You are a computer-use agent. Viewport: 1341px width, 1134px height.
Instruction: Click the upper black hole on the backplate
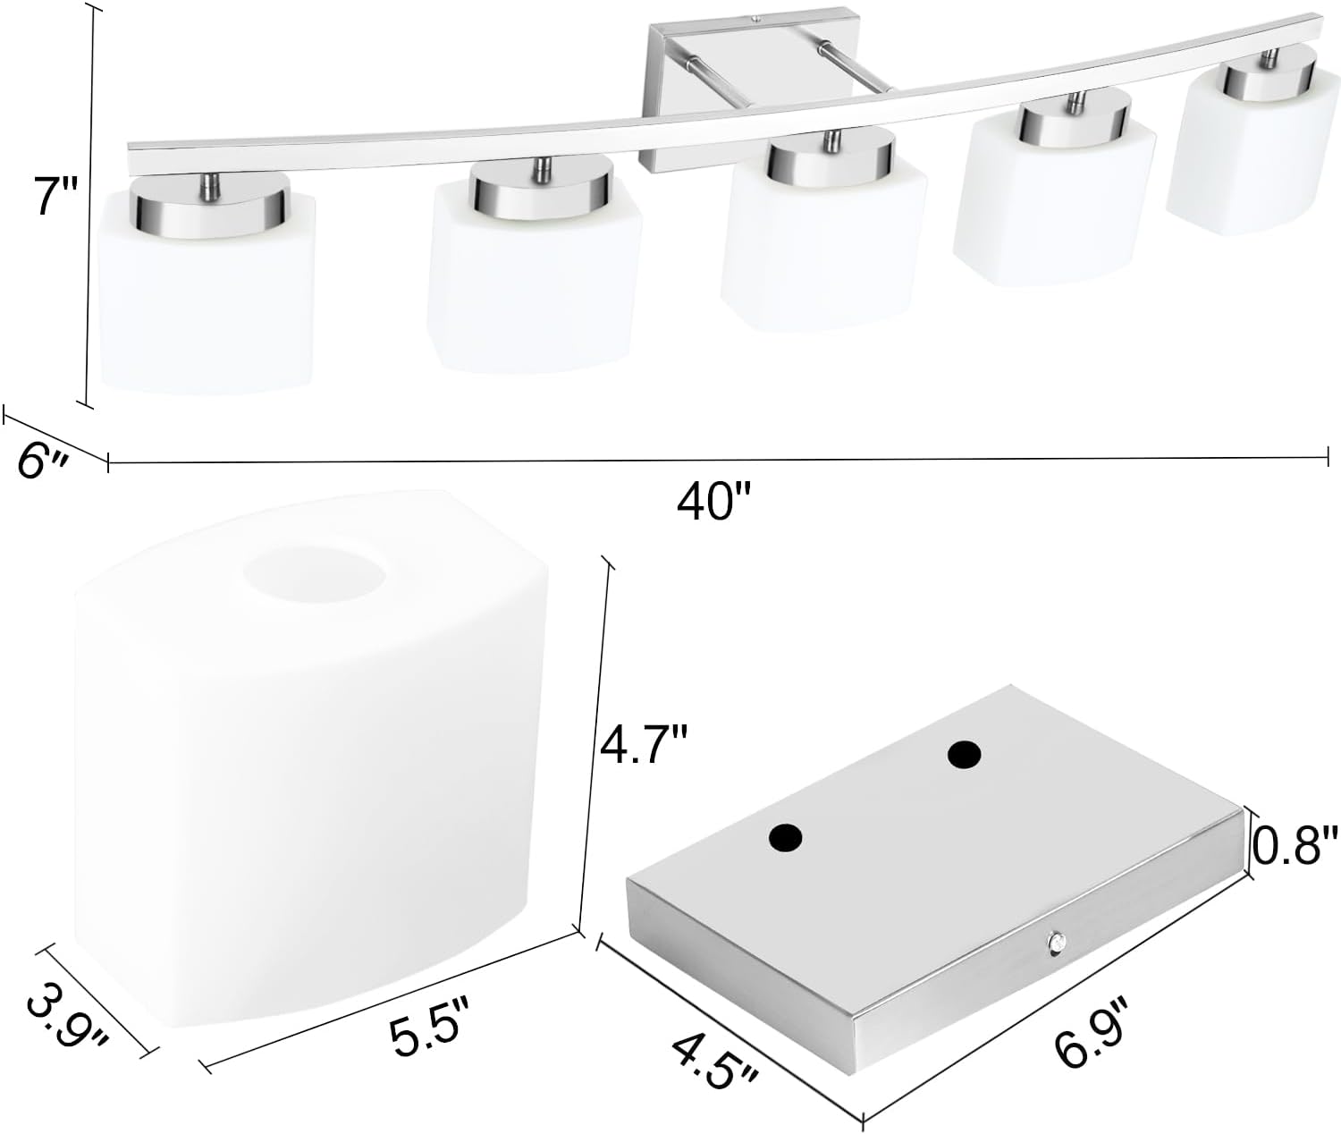(x=964, y=756)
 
